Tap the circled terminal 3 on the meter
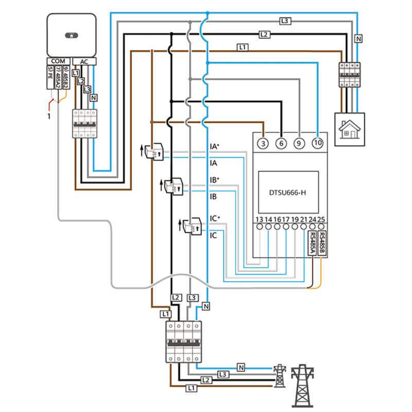click(x=264, y=144)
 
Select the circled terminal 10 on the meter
click(x=318, y=144)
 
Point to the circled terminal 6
click(x=281, y=144)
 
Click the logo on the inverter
click(x=72, y=36)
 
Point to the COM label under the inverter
click(x=58, y=61)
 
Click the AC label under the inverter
click(x=84, y=61)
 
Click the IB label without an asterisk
click(x=214, y=197)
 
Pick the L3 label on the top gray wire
click(x=285, y=21)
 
